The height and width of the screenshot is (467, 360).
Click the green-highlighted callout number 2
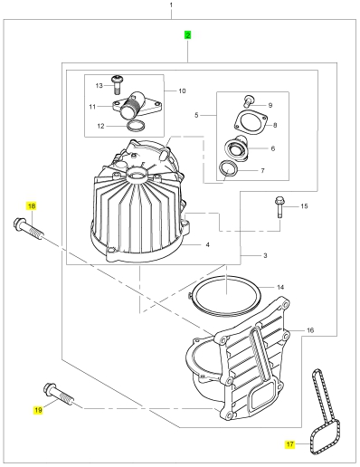click(188, 35)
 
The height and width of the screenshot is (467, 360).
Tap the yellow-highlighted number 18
click(32, 206)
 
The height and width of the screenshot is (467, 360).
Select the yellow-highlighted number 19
click(38, 410)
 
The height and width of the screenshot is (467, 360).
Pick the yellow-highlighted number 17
click(289, 444)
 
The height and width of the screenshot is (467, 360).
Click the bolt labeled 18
click(28, 229)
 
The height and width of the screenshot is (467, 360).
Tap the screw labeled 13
click(117, 84)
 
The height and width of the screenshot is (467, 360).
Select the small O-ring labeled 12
click(136, 126)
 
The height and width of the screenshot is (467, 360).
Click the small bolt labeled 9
click(249, 101)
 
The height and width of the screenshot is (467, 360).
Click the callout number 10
click(182, 91)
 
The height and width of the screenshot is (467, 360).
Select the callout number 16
click(310, 330)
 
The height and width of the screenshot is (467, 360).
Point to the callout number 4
click(208, 244)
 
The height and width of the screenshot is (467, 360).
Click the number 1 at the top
click(171, 5)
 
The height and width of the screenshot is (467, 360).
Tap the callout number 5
click(196, 115)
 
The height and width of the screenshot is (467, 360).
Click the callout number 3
click(265, 255)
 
